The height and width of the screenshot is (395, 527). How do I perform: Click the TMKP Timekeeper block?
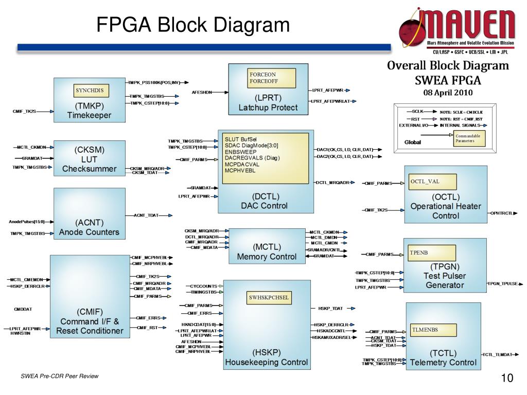pos(89,111)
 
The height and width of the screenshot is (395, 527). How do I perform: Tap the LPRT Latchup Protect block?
pos(268,102)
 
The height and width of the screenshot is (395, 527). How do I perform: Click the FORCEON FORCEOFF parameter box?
pos(272,78)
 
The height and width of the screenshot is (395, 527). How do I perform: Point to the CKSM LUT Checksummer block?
pos(89,159)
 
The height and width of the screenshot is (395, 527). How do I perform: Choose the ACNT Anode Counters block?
pos(89,227)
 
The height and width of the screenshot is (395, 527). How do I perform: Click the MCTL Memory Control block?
pos(267,252)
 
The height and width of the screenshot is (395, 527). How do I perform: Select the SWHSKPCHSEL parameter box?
pos(269,298)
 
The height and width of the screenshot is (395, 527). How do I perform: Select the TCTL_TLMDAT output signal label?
pos(500,354)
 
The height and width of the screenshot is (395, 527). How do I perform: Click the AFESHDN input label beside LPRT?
pos(202,93)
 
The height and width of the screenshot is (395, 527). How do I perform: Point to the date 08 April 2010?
pos(448,93)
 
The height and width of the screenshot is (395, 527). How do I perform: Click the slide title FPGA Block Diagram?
pos(193,25)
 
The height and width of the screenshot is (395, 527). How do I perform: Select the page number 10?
pos(507,379)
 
